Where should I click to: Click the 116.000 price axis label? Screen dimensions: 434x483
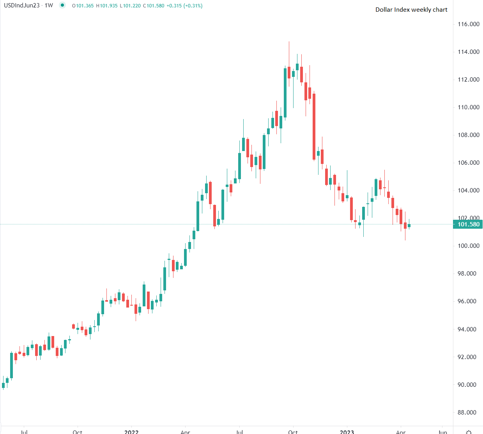[x=468, y=24]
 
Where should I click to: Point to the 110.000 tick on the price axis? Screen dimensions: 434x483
[x=468, y=107]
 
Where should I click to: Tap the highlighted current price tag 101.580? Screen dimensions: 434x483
[x=468, y=224]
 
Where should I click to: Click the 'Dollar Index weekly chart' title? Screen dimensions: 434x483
[x=411, y=10]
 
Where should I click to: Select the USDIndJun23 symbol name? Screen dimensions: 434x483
[x=21, y=6]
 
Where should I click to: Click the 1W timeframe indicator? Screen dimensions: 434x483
[x=49, y=6]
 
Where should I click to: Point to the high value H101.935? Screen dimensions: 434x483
[x=107, y=6]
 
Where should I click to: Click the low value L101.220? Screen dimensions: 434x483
[x=130, y=6]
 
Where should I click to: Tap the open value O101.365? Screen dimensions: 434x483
[x=83, y=6]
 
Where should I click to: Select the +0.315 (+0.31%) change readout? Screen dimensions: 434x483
[x=184, y=6]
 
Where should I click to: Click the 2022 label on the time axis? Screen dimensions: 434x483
[x=131, y=432]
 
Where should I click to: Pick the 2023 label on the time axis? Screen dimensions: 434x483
[x=347, y=432]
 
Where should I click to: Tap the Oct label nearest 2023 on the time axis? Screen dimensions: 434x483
[x=293, y=432]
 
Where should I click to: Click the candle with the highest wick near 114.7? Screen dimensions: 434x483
[x=289, y=72]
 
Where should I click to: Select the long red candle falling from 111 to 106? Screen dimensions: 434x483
[x=314, y=127]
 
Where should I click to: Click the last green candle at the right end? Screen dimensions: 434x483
[x=409, y=225]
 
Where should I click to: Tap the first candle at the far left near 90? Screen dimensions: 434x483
[x=3, y=385]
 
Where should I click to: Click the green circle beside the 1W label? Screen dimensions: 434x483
[x=62, y=5]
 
